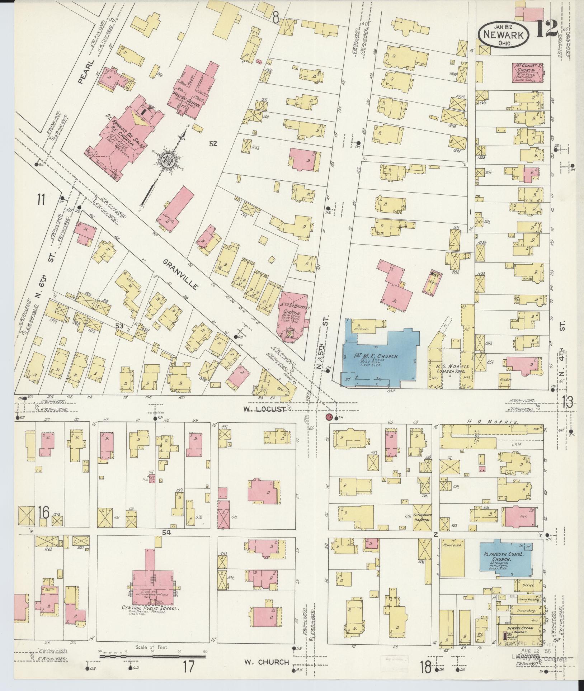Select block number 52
click(x=213, y=144)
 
